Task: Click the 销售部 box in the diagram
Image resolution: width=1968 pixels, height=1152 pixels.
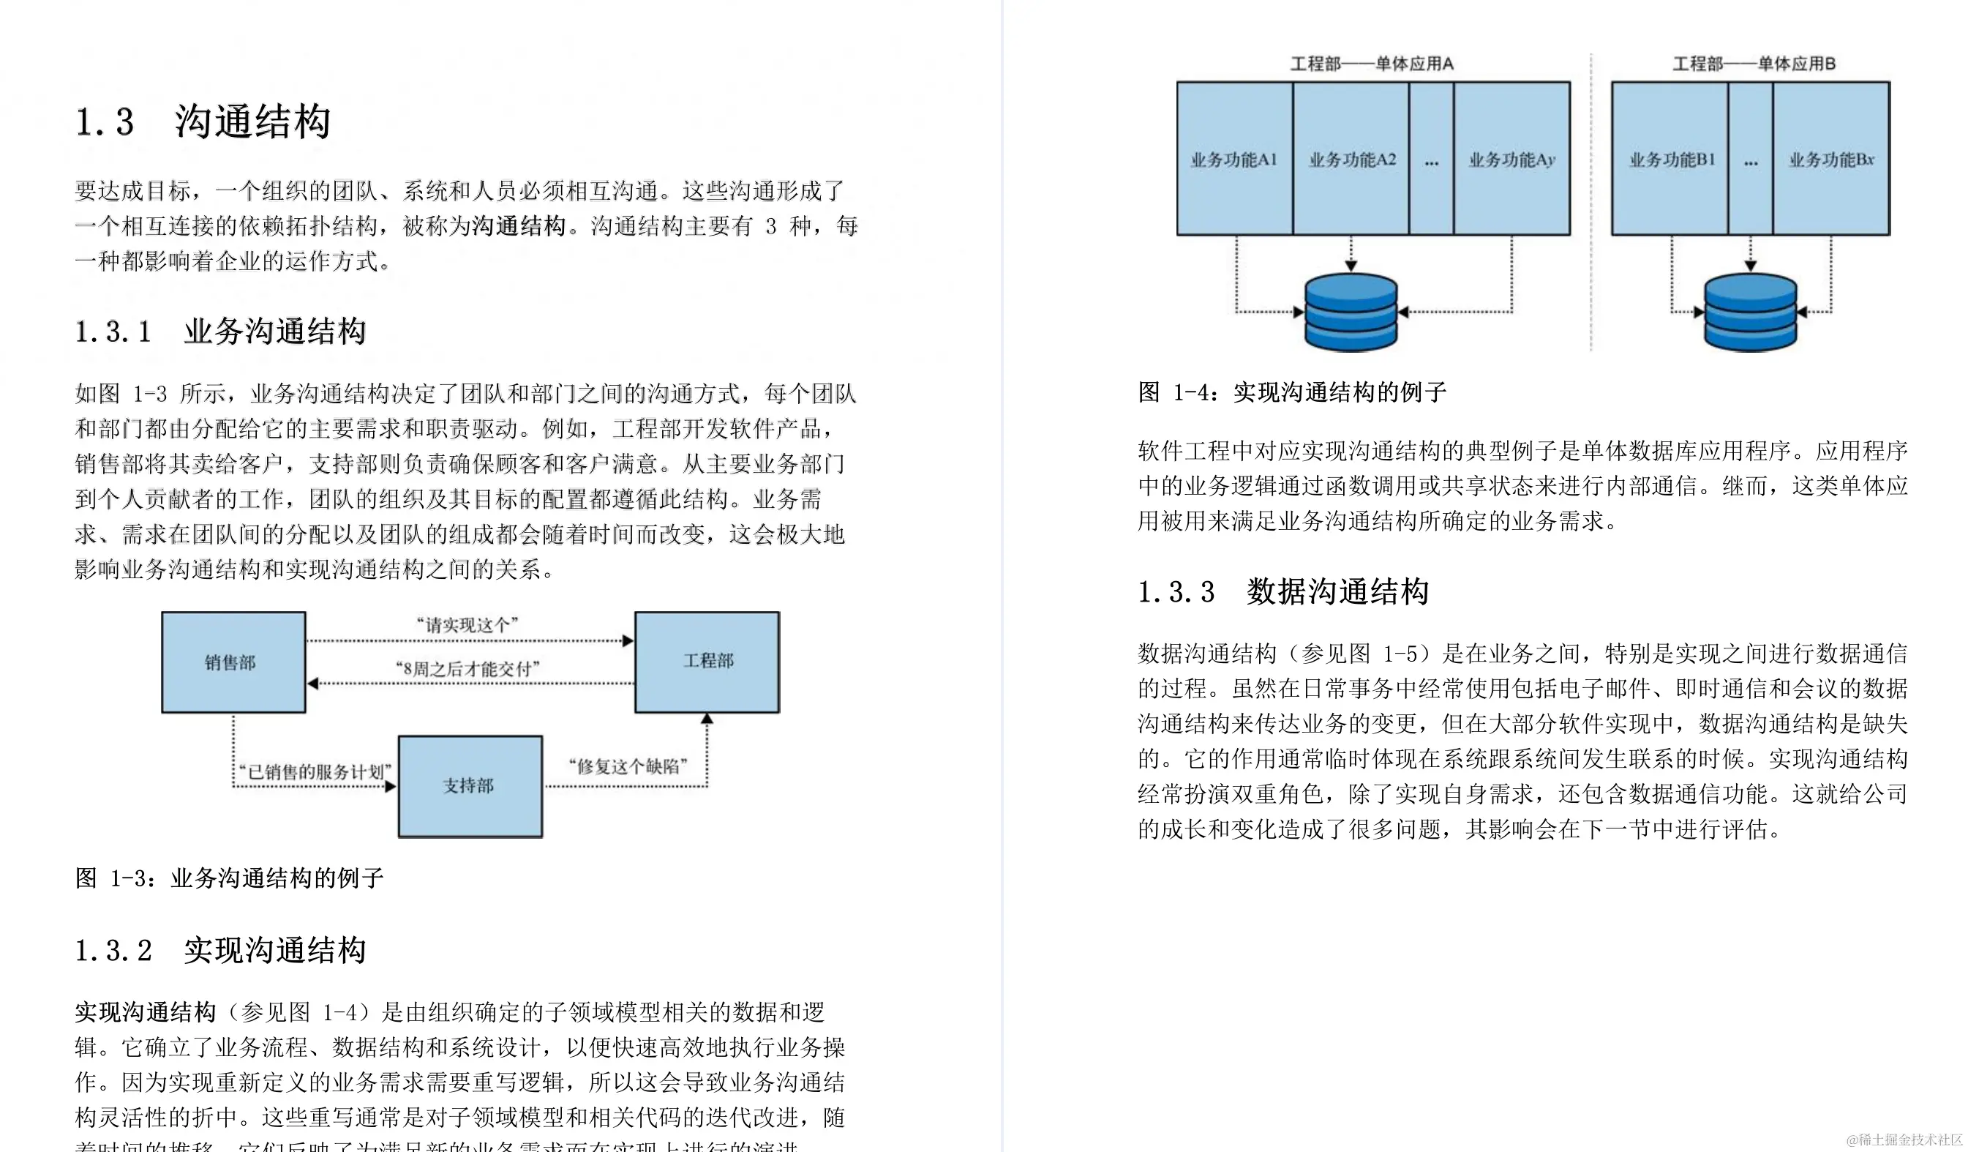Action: click(233, 662)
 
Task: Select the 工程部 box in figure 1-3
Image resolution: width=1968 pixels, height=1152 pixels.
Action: click(707, 662)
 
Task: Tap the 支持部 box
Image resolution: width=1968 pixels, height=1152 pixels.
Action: click(470, 786)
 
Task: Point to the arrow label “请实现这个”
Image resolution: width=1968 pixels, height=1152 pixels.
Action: click(467, 625)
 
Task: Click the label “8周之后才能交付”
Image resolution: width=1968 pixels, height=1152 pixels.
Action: click(467, 668)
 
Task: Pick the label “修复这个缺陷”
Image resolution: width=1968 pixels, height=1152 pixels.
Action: click(627, 766)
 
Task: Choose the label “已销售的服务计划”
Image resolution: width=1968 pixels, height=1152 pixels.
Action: click(314, 771)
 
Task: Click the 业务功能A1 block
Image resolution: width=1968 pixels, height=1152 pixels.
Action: click(1234, 160)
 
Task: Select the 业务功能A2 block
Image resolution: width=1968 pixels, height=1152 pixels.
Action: click(1352, 160)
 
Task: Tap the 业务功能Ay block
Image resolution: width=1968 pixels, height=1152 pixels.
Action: click(1512, 160)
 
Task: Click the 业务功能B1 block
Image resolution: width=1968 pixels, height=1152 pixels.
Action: click(1671, 160)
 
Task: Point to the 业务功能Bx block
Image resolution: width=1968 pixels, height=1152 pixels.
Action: click(1831, 160)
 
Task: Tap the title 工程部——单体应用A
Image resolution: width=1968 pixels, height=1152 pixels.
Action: click(1371, 63)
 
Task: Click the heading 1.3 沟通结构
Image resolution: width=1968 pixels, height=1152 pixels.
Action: click(203, 121)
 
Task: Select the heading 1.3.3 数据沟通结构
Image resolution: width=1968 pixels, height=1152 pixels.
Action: click(1282, 591)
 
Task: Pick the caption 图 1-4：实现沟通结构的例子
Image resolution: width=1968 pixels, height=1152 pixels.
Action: click(1292, 392)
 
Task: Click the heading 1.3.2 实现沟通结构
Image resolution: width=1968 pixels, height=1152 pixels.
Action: click(220, 951)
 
